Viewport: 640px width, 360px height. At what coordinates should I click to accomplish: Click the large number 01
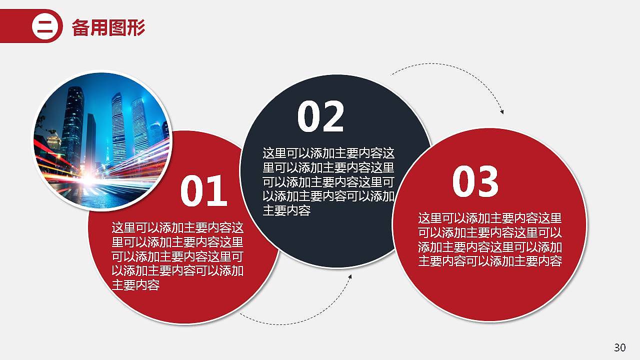[204, 191]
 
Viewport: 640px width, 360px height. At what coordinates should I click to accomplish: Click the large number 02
[321, 116]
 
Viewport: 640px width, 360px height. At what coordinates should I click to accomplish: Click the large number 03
[475, 181]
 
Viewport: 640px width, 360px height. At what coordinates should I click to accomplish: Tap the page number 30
[619, 347]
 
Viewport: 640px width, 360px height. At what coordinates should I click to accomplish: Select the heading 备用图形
[108, 27]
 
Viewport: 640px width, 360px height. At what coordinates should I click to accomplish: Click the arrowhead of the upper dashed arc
[501, 112]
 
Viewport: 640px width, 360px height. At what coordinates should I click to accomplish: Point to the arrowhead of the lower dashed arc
[350, 276]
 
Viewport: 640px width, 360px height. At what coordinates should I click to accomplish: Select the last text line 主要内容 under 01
[135, 285]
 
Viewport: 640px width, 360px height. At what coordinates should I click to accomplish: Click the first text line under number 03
[490, 218]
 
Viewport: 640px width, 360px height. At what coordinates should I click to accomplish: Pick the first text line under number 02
[328, 153]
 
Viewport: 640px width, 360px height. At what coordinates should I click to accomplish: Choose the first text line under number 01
[177, 228]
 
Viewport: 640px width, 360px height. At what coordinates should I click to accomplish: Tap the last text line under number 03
[490, 261]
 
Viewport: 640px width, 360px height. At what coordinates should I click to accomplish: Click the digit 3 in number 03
[488, 181]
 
